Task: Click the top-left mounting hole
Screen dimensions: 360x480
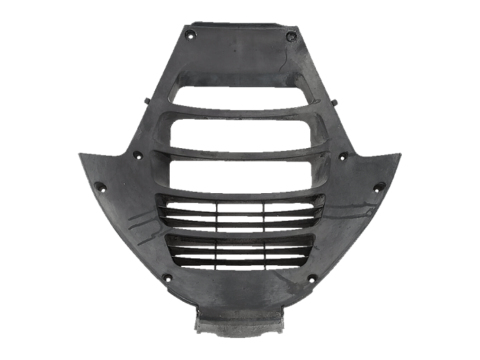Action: tap(192, 35)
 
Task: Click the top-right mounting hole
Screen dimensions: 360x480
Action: tap(290, 37)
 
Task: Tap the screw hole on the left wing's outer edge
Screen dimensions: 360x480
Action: tap(99, 186)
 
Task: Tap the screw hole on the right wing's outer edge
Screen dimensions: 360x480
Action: tap(379, 186)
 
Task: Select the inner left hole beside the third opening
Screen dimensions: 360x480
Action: tap(137, 156)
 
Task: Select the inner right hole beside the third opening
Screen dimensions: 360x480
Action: tap(342, 157)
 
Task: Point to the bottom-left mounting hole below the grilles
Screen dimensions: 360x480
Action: tap(167, 277)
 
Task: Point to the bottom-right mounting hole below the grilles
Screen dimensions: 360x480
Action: tap(312, 278)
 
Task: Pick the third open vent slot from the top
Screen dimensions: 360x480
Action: tap(240, 174)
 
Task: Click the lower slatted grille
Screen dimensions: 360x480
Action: tap(240, 251)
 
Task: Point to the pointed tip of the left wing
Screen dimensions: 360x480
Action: tap(78, 154)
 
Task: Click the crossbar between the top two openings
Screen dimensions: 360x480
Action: tap(240, 115)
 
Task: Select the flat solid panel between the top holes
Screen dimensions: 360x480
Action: tap(240, 55)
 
